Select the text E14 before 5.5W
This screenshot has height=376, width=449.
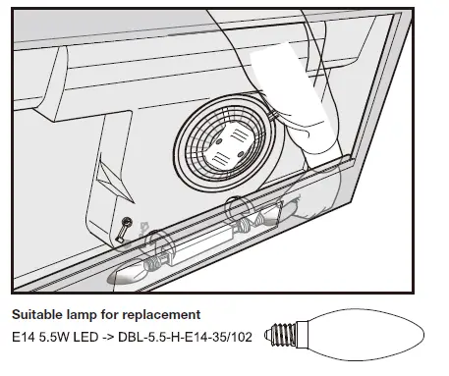coord(22,336)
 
